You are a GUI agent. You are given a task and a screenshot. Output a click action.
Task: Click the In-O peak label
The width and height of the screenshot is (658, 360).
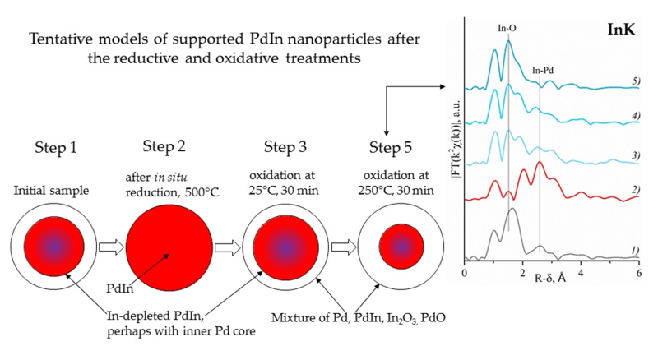[x=507, y=26]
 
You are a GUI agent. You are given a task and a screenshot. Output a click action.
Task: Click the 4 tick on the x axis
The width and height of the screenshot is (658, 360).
[x=581, y=271]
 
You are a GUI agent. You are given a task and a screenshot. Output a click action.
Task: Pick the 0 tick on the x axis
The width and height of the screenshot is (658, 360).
[x=465, y=271]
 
